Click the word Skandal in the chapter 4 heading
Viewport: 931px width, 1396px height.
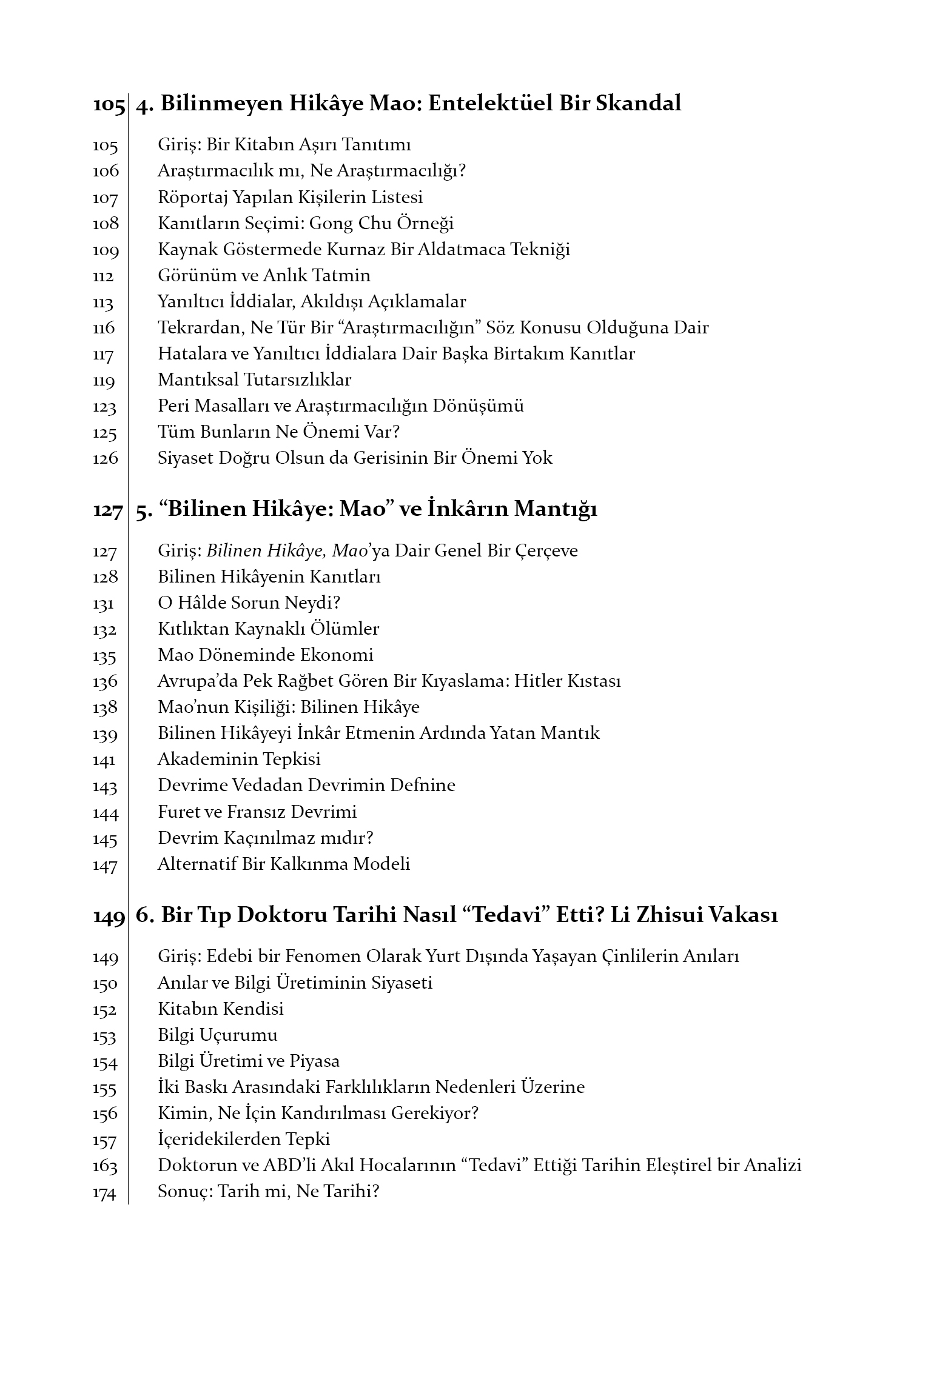pos(638,103)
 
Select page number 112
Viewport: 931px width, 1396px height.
pos(103,276)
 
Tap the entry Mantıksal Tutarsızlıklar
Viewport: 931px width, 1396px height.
pos(254,380)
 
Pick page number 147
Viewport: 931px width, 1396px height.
pos(104,865)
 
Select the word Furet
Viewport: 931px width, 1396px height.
pos(176,812)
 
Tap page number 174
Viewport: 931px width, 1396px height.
pos(104,1192)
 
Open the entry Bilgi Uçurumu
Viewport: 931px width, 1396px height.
pos(217,1035)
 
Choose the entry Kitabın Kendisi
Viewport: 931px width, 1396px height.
pos(221,1009)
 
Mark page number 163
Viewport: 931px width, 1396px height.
pos(104,1166)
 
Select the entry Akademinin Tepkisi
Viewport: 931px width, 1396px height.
pos(239,759)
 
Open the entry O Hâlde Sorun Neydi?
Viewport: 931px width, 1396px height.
pos(249,603)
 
